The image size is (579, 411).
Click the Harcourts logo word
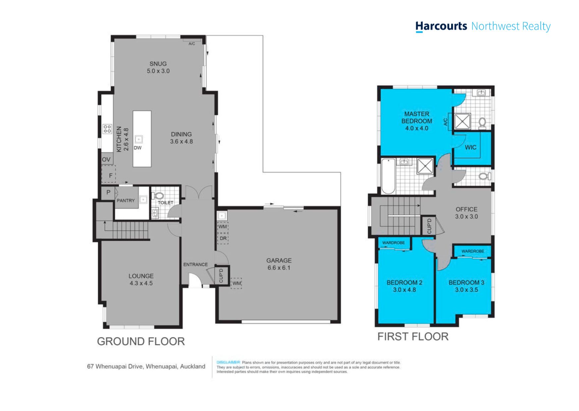[441, 26]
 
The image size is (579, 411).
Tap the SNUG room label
[158, 64]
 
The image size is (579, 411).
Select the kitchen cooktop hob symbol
[107, 129]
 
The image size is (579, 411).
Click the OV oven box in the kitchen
[107, 159]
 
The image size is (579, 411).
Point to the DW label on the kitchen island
[138, 148]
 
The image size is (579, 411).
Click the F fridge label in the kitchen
[111, 176]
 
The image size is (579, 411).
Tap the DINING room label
[181, 134]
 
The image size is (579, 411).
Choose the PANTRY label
[126, 201]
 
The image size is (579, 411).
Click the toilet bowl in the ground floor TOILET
[159, 196]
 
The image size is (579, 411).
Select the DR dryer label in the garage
[223, 238]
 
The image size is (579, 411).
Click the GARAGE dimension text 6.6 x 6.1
[279, 268]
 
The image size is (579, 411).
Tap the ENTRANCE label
[195, 264]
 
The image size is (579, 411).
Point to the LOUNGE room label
[141, 276]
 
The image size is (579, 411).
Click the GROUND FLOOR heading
[141, 341]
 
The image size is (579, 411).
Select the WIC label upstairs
[470, 147]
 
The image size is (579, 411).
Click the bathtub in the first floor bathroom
[388, 176]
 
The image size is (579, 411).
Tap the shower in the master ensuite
[462, 121]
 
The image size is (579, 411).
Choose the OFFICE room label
[466, 209]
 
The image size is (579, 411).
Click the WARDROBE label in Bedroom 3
[473, 251]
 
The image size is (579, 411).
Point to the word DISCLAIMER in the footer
[228, 362]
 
